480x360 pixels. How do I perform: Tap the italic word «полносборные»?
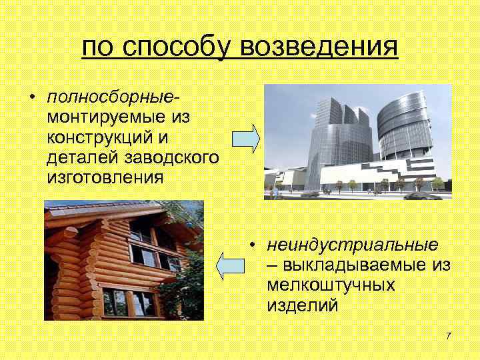(113, 98)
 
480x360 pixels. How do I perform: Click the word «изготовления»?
(105, 178)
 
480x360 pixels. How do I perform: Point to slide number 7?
(449, 335)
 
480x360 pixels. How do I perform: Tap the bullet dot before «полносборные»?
(32, 99)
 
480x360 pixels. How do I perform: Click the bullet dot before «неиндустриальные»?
(253, 245)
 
